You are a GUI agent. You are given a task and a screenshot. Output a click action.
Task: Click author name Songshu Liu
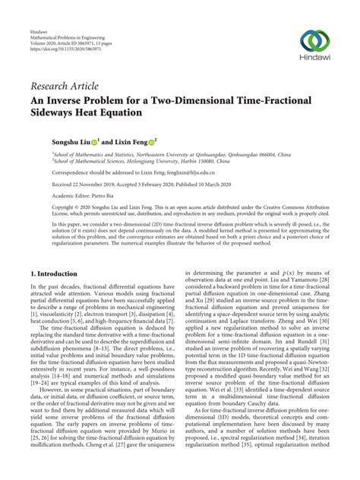pyautogui.click(x=54, y=141)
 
